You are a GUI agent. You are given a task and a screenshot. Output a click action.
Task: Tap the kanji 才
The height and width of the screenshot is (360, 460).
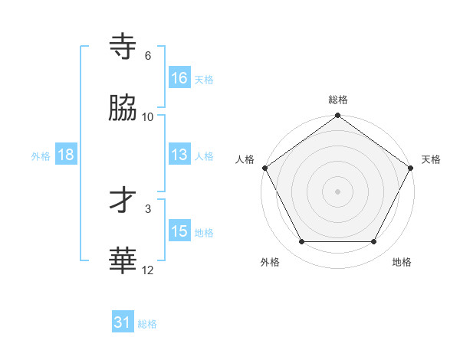tap(123, 201)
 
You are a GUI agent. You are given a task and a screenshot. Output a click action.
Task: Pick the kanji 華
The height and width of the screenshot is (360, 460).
tap(123, 261)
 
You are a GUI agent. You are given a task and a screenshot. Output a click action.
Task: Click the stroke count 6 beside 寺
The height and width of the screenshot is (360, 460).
tap(148, 56)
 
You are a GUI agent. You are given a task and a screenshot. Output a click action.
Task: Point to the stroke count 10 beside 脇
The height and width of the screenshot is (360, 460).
tap(148, 116)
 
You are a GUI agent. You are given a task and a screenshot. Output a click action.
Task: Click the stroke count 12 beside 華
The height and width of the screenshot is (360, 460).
tap(148, 270)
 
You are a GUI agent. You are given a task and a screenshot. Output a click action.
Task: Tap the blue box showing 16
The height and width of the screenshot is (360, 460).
tap(179, 78)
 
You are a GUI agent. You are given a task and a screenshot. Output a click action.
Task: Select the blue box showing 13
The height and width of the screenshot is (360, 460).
tap(179, 155)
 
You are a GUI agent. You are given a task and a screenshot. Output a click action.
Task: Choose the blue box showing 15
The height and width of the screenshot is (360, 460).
tap(179, 231)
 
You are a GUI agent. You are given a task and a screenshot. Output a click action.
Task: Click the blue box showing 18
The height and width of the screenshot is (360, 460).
tap(66, 155)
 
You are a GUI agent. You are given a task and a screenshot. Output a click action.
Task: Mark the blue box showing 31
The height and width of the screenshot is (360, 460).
tap(123, 323)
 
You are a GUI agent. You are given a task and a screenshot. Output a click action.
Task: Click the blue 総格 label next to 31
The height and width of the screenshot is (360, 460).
tap(147, 324)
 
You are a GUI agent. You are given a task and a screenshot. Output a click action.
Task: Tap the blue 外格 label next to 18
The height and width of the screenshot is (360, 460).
tap(41, 155)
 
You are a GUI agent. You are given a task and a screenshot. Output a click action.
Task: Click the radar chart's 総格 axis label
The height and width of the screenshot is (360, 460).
tap(338, 100)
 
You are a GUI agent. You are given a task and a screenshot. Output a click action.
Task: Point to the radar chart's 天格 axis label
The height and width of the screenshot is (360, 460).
tap(431, 159)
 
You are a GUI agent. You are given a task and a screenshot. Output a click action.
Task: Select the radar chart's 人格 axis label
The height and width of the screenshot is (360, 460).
tap(245, 159)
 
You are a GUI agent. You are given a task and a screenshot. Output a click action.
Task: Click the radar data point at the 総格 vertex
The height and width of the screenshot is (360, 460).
tap(338, 116)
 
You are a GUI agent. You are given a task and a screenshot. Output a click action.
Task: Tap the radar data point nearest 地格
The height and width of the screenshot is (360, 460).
tap(374, 242)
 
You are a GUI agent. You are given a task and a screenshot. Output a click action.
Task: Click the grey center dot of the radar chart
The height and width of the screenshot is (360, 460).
tap(338, 191)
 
